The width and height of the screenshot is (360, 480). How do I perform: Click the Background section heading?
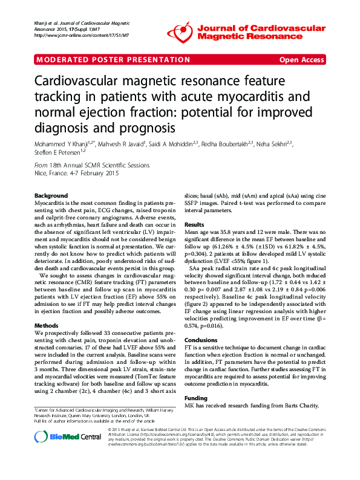coord(51,196)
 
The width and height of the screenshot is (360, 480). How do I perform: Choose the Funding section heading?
coord(197,398)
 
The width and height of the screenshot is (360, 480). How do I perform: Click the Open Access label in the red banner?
coord(302,60)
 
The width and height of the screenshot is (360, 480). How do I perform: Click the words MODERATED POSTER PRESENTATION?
coord(114,60)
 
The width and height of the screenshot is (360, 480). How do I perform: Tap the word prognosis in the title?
coord(146,128)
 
